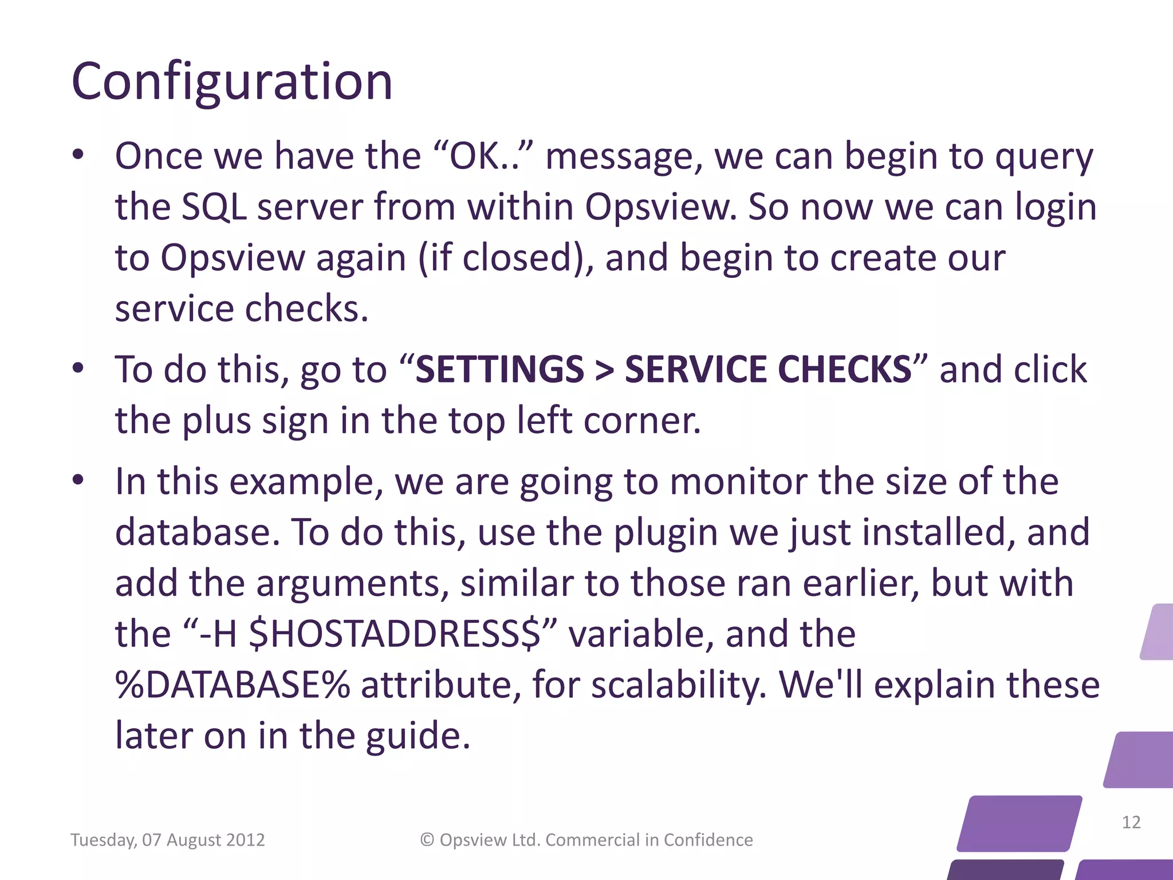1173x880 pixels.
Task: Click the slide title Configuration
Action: (x=232, y=81)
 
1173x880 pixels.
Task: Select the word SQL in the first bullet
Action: (x=214, y=207)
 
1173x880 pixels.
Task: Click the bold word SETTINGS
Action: (x=499, y=369)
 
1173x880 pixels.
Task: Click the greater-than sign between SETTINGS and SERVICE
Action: (x=604, y=370)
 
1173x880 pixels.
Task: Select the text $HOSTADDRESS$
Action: (x=395, y=634)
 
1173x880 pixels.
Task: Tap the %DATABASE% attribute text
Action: (x=233, y=685)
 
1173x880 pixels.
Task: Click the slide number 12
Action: (x=1131, y=822)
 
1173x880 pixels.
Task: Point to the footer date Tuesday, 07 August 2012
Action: (x=167, y=840)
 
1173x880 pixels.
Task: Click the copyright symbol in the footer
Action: (x=427, y=839)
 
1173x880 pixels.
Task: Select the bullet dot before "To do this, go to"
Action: (x=78, y=368)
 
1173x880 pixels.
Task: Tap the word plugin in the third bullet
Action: (x=665, y=532)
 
